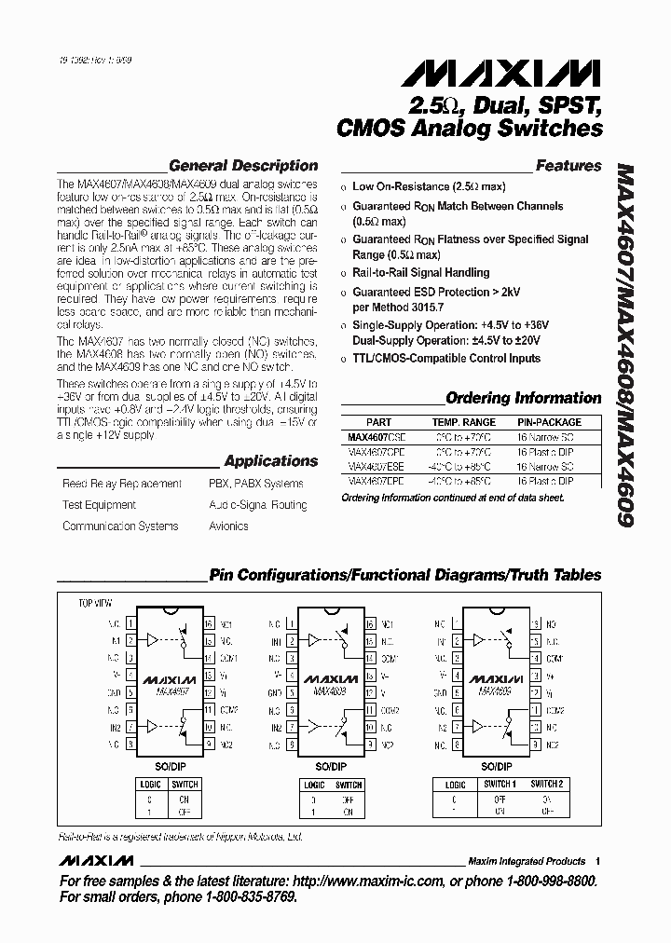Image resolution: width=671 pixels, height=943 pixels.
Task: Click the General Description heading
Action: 243,166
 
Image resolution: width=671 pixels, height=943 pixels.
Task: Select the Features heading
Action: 568,166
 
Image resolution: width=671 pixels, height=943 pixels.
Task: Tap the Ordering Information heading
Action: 524,398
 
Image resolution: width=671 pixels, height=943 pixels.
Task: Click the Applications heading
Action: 271,461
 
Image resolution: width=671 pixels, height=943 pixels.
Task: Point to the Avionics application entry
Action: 228,526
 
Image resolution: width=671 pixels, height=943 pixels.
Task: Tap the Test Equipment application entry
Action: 99,505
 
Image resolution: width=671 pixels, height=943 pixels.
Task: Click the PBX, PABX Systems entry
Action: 255,484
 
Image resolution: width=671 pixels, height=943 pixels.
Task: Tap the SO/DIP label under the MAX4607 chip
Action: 170,766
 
